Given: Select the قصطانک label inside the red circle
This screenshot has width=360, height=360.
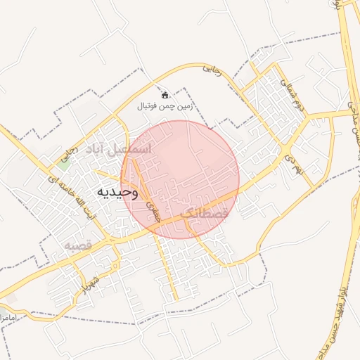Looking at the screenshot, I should point(205,212).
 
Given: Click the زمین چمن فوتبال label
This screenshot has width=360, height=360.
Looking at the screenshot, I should point(165,106).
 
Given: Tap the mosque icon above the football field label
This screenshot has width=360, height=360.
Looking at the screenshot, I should point(165,94).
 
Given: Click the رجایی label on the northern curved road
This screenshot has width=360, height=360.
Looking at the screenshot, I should point(212,70).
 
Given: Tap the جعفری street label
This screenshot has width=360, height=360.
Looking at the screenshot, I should point(154,208).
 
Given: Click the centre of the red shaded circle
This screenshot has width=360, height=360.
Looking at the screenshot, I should point(181,179).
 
